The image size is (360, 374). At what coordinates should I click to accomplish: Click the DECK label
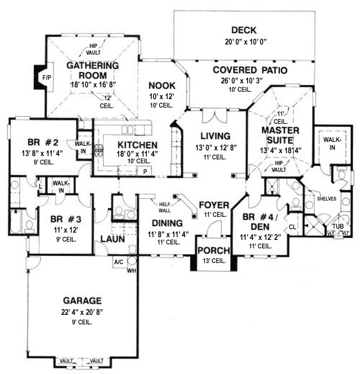point(244,30)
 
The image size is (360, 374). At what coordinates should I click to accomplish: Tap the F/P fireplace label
point(47,78)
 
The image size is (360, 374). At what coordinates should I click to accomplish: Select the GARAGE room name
point(83,301)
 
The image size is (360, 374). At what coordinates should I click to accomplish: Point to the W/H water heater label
point(132,271)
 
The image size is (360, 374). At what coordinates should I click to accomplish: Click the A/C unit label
point(119,262)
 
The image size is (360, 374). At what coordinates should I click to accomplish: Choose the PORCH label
point(214,251)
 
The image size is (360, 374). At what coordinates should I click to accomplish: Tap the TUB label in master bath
point(338,226)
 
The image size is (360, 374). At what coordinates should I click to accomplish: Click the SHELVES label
point(327,199)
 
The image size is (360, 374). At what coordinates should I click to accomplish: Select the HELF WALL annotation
point(165,207)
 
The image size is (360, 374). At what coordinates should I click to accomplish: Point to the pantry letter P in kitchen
point(145,172)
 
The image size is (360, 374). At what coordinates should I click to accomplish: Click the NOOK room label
point(162,86)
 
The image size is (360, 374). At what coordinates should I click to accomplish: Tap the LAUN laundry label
point(112,239)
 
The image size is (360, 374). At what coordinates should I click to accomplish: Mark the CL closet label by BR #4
point(292,227)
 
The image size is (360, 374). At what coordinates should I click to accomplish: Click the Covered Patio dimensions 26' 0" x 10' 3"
point(242,81)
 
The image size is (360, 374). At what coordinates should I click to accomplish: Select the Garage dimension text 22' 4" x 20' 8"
point(82,312)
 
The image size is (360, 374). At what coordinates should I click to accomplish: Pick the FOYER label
point(214,205)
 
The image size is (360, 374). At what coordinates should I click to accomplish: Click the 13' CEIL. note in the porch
point(214,261)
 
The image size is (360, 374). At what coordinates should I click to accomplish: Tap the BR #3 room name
point(66,219)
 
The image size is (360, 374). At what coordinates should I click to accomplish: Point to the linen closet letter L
point(40,186)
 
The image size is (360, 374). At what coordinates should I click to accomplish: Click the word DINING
point(167,223)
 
